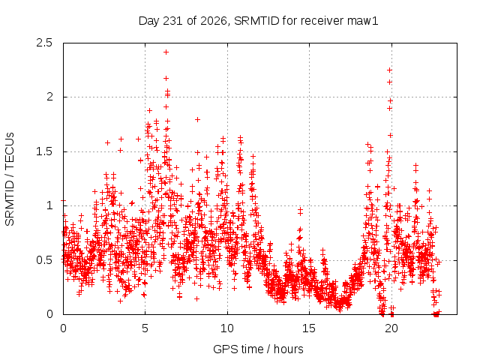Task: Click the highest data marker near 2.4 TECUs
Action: click(x=166, y=52)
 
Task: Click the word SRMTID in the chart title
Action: click(x=256, y=21)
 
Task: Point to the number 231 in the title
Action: click(x=173, y=21)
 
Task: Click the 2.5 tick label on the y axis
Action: click(x=44, y=43)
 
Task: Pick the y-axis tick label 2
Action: click(x=49, y=97)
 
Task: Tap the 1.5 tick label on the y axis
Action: click(x=44, y=151)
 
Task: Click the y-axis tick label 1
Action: click(x=50, y=205)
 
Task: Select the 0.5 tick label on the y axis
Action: click(x=44, y=260)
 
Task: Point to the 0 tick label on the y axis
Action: click(x=49, y=314)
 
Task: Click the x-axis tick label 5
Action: click(x=145, y=328)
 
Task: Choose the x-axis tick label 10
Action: click(x=227, y=328)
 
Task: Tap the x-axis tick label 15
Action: click(x=309, y=328)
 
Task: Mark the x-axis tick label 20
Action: click(x=391, y=328)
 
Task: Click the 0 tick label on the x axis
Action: click(x=63, y=328)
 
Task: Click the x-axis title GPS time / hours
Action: click(x=258, y=349)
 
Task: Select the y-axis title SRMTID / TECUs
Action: click(x=10, y=179)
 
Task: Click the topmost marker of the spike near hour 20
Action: click(x=390, y=70)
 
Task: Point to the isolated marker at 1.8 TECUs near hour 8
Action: click(x=198, y=119)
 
